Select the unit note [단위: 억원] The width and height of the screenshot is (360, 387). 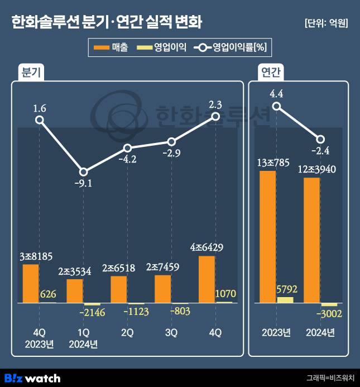tap(327, 23)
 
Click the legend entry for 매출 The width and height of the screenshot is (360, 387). tap(112, 47)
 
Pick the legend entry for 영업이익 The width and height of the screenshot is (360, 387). tap(162, 47)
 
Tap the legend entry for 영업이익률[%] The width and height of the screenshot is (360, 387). tap(232, 47)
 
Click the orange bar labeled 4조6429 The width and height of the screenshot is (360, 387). tap(207, 279)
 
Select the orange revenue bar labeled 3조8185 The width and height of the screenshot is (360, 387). tap(31, 283)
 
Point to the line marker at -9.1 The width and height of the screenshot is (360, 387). tap(83, 172)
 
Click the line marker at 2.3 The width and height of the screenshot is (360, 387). tap(216, 116)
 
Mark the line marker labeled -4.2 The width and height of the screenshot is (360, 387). tap(127, 148)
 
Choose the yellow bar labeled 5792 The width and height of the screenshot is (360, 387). tap(285, 299)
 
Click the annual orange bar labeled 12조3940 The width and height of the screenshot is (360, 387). tap(312, 240)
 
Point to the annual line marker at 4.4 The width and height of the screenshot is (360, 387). tap(276, 107)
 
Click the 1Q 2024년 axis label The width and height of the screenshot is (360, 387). tap(83, 338)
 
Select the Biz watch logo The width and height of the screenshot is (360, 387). tap(32, 378)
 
